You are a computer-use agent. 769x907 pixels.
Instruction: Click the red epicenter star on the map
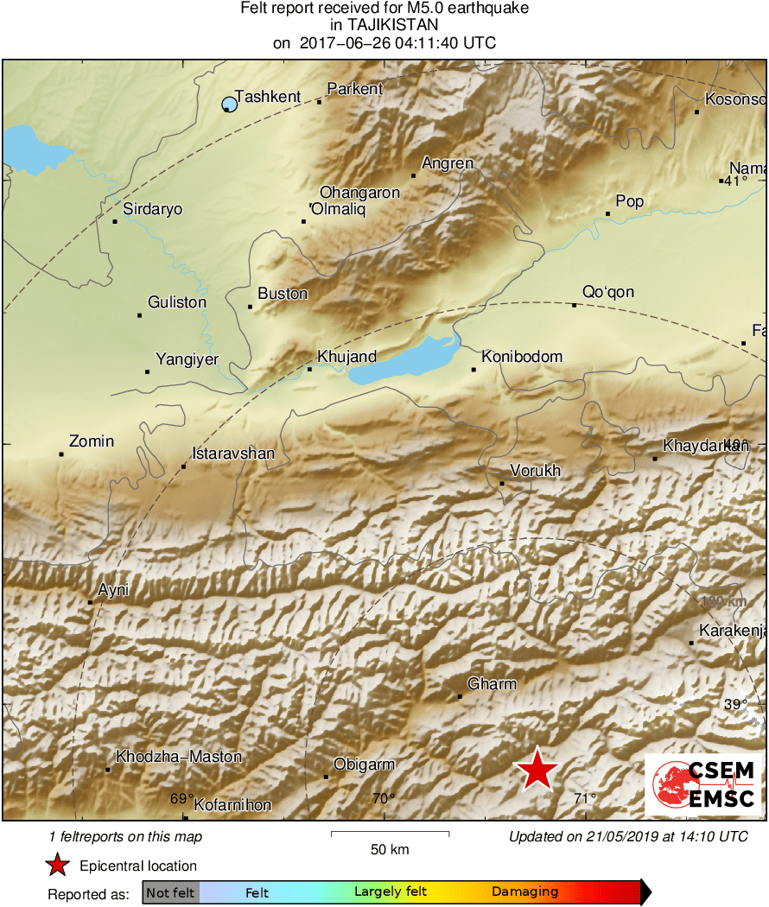click(537, 770)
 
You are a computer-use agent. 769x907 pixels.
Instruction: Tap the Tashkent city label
click(268, 98)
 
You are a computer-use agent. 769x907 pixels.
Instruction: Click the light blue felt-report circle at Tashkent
click(229, 105)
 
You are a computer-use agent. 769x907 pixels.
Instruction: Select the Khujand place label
click(346, 357)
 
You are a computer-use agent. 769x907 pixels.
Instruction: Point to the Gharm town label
click(492, 684)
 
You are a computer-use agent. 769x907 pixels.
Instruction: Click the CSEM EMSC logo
click(703, 785)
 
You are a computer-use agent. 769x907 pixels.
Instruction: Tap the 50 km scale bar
click(390, 834)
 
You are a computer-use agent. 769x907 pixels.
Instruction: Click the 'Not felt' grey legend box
click(170, 892)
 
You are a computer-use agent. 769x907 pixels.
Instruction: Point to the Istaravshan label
click(232, 454)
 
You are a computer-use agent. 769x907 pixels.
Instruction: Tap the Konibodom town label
click(522, 357)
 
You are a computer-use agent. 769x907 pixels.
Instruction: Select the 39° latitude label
click(735, 705)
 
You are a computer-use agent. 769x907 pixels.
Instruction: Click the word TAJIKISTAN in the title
click(384, 25)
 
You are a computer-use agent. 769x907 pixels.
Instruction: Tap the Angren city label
click(447, 164)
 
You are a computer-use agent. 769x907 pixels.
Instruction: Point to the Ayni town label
click(113, 591)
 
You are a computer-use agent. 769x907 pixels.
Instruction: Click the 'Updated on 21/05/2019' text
click(627, 836)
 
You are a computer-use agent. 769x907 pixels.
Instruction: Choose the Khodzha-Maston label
click(179, 758)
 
